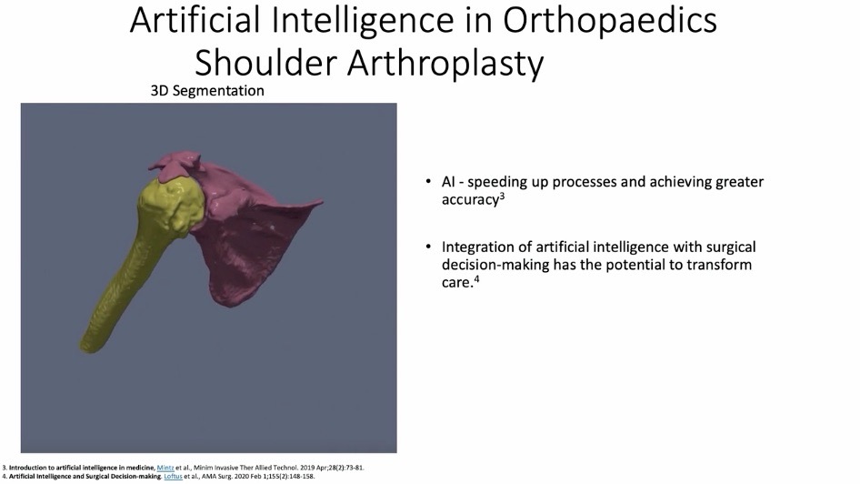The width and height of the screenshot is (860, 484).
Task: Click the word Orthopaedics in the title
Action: tap(609, 21)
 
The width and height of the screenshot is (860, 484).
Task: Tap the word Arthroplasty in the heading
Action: tap(445, 64)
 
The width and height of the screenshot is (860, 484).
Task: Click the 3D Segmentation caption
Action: tap(207, 91)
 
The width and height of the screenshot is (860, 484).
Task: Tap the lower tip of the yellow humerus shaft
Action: tap(88, 347)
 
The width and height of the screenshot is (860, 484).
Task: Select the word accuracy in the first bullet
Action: tap(470, 200)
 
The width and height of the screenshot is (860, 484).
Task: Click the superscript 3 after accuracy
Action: tap(502, 196)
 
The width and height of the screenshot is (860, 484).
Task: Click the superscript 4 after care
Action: tap(476, 278)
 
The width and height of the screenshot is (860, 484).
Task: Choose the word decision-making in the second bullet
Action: tap(495, 266)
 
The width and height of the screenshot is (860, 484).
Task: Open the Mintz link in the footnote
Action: tap(165, 469)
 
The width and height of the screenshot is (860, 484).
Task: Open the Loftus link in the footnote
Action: tap(173, 477)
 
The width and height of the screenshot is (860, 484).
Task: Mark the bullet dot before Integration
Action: tap(428, 247)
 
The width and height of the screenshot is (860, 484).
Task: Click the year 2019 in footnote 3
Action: tap(306, 469)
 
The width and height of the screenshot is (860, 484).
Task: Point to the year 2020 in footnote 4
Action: tap(241, 477)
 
